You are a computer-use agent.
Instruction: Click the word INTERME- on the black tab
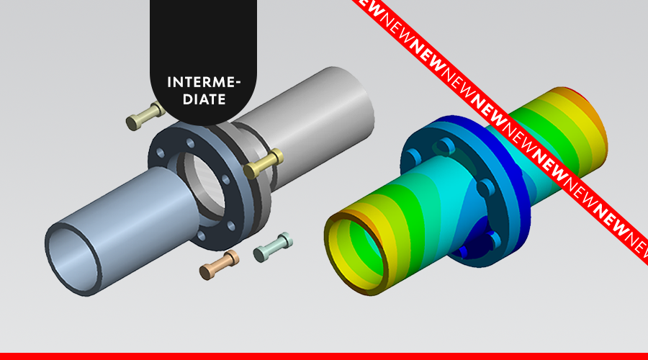pyautogui.click(x=204, y=82)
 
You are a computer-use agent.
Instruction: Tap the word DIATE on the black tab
pyautogui.click(x=204, y=99)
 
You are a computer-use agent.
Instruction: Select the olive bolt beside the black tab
pyautogui.click(x=145, y=117)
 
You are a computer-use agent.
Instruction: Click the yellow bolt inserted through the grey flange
pyautogui.click(x=264, y=163)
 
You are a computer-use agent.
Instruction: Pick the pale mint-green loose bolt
pyautogui.click(x=273, y=247)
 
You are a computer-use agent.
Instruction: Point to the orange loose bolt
pyautogui.click(x=219, y=265)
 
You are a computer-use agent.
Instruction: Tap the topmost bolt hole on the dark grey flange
pyautogui.click(x=191, y=143)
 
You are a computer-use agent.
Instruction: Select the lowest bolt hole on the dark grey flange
pyautogui.click(x=201, y=235)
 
